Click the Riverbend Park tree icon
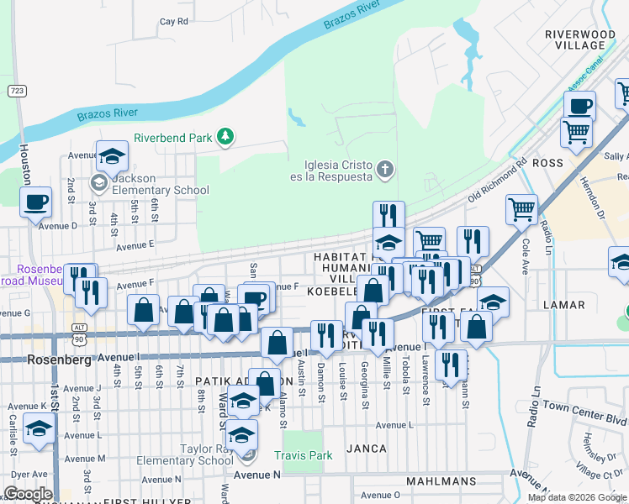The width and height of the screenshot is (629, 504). pyautogui.click(x=225, y=136)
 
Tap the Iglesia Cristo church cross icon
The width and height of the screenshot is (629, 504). pyautogui.click(x=385, y=170)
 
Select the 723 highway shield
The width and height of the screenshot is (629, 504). pyautogui.click(x=15, y=90)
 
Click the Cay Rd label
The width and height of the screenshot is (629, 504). pyautogui.click(x=173, y=22)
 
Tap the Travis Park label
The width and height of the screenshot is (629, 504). pyautogui.click(x=303, y=455)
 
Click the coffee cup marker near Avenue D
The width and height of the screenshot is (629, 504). pyautogui.click(x=36, y=202)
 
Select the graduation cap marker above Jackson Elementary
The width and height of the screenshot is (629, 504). pyautogui.click(x=111, y=155)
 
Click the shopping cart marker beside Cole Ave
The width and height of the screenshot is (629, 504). pyautogui.click(x=521, y=208)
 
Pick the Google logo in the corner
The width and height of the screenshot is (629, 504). pyautogui.click(x=28, y=494)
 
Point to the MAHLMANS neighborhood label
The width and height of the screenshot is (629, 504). pyautogui.click(x=441, y=481)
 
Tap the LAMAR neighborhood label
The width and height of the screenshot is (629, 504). pyautogui.click(x=563, y=304)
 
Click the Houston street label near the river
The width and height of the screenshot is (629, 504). pyautogui.click(x=24, y=164)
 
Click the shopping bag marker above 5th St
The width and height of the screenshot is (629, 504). pyautogui.click(x=144, y=310)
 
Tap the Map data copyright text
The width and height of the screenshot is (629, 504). pyautogui.click(x=577, y=497)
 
